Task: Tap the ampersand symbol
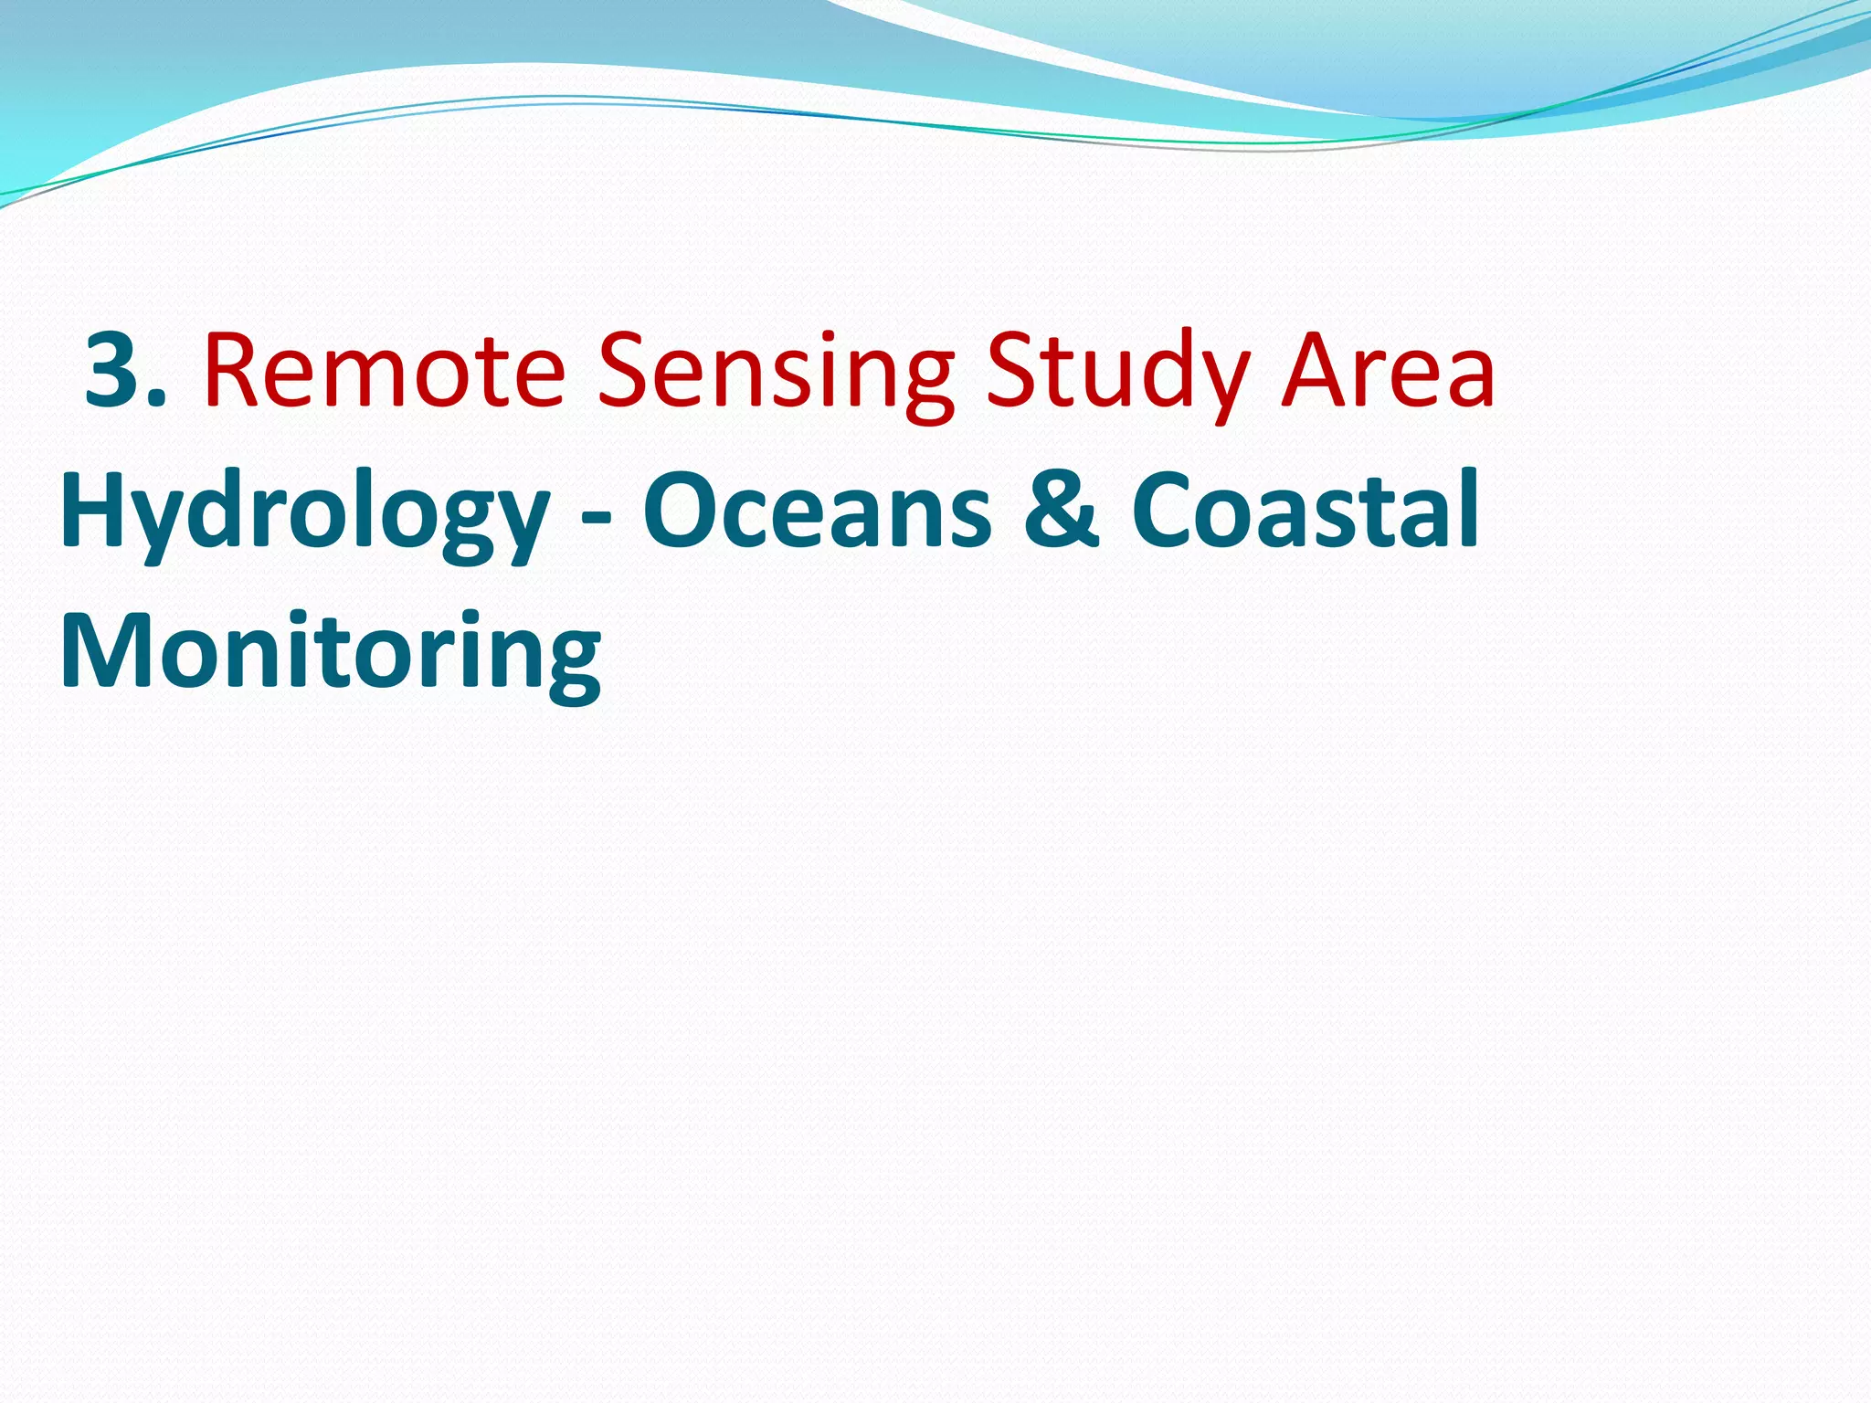tap(1061, 511)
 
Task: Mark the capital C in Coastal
tap(1169, 511)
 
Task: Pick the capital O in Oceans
tap(686, 511)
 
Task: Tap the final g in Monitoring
tap(567, 667)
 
